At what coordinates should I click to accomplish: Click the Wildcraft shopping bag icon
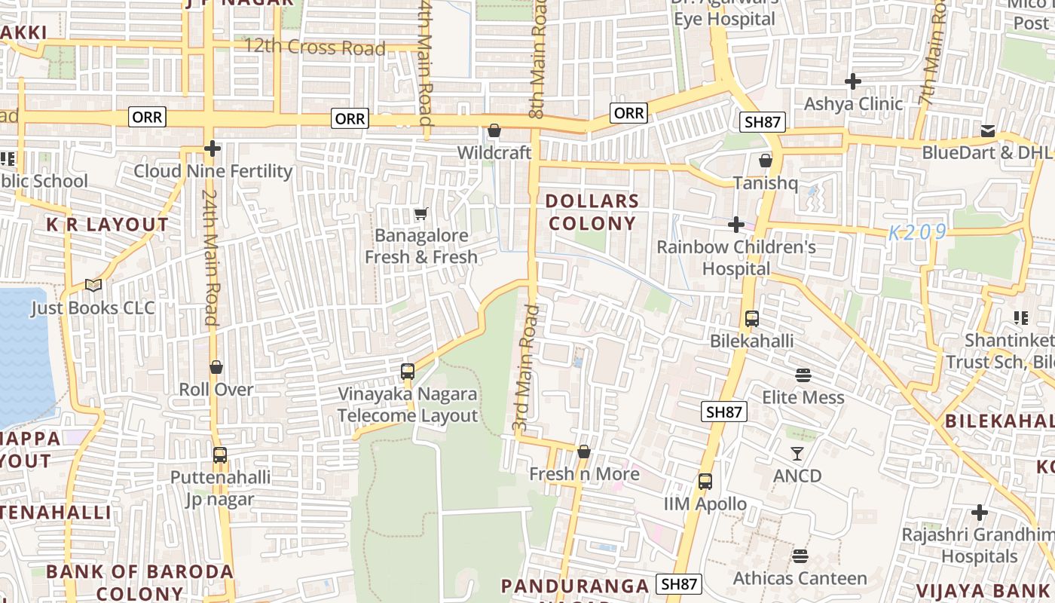[494, 130]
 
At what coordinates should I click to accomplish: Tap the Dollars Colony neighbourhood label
[592, 213]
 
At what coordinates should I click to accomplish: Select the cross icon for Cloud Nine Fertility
[213, 148]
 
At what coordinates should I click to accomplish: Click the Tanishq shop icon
[766, 161]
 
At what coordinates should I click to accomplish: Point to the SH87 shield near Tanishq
[764, 122]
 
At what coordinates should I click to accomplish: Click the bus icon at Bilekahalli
[751, 319]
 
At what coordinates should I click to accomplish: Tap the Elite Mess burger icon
[803, 375]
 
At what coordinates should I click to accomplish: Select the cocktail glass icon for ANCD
[797, 453]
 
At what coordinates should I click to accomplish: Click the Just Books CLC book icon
[93, 285]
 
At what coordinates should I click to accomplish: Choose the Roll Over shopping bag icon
[216, 367]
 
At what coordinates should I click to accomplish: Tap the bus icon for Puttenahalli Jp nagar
[219, 455]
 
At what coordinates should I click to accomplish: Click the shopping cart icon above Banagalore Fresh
[421, 214]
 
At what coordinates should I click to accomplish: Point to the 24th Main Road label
[209, 256]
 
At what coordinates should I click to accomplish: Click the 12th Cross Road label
[314, 47]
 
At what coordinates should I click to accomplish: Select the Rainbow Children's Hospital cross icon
[736, 225]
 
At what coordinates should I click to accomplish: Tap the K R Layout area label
[108, 225]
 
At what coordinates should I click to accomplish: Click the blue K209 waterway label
[916, 233]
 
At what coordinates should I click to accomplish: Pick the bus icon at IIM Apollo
[705, 482]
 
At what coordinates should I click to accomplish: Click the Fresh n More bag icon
[583, 451]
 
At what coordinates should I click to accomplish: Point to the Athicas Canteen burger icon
[800, 556]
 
